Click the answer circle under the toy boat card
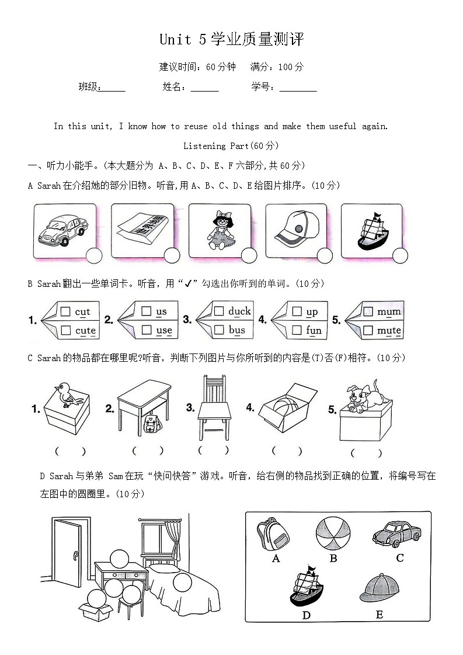[400, 255]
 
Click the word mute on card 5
[388, 331]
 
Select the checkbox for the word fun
[297, 331]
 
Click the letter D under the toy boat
[306, 615]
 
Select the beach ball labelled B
[333, 534]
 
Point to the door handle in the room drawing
[76, 556]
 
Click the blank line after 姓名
[204, 88]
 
